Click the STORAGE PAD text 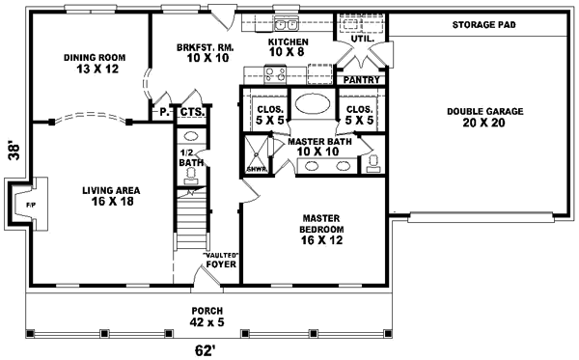(x=482, y=24)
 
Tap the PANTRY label (x=360, y=80)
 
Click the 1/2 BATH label (x=189, y=157)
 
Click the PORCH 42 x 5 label (x=208, y=316)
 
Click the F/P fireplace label (x=30, y=204)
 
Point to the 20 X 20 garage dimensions (x=485, y=123)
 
